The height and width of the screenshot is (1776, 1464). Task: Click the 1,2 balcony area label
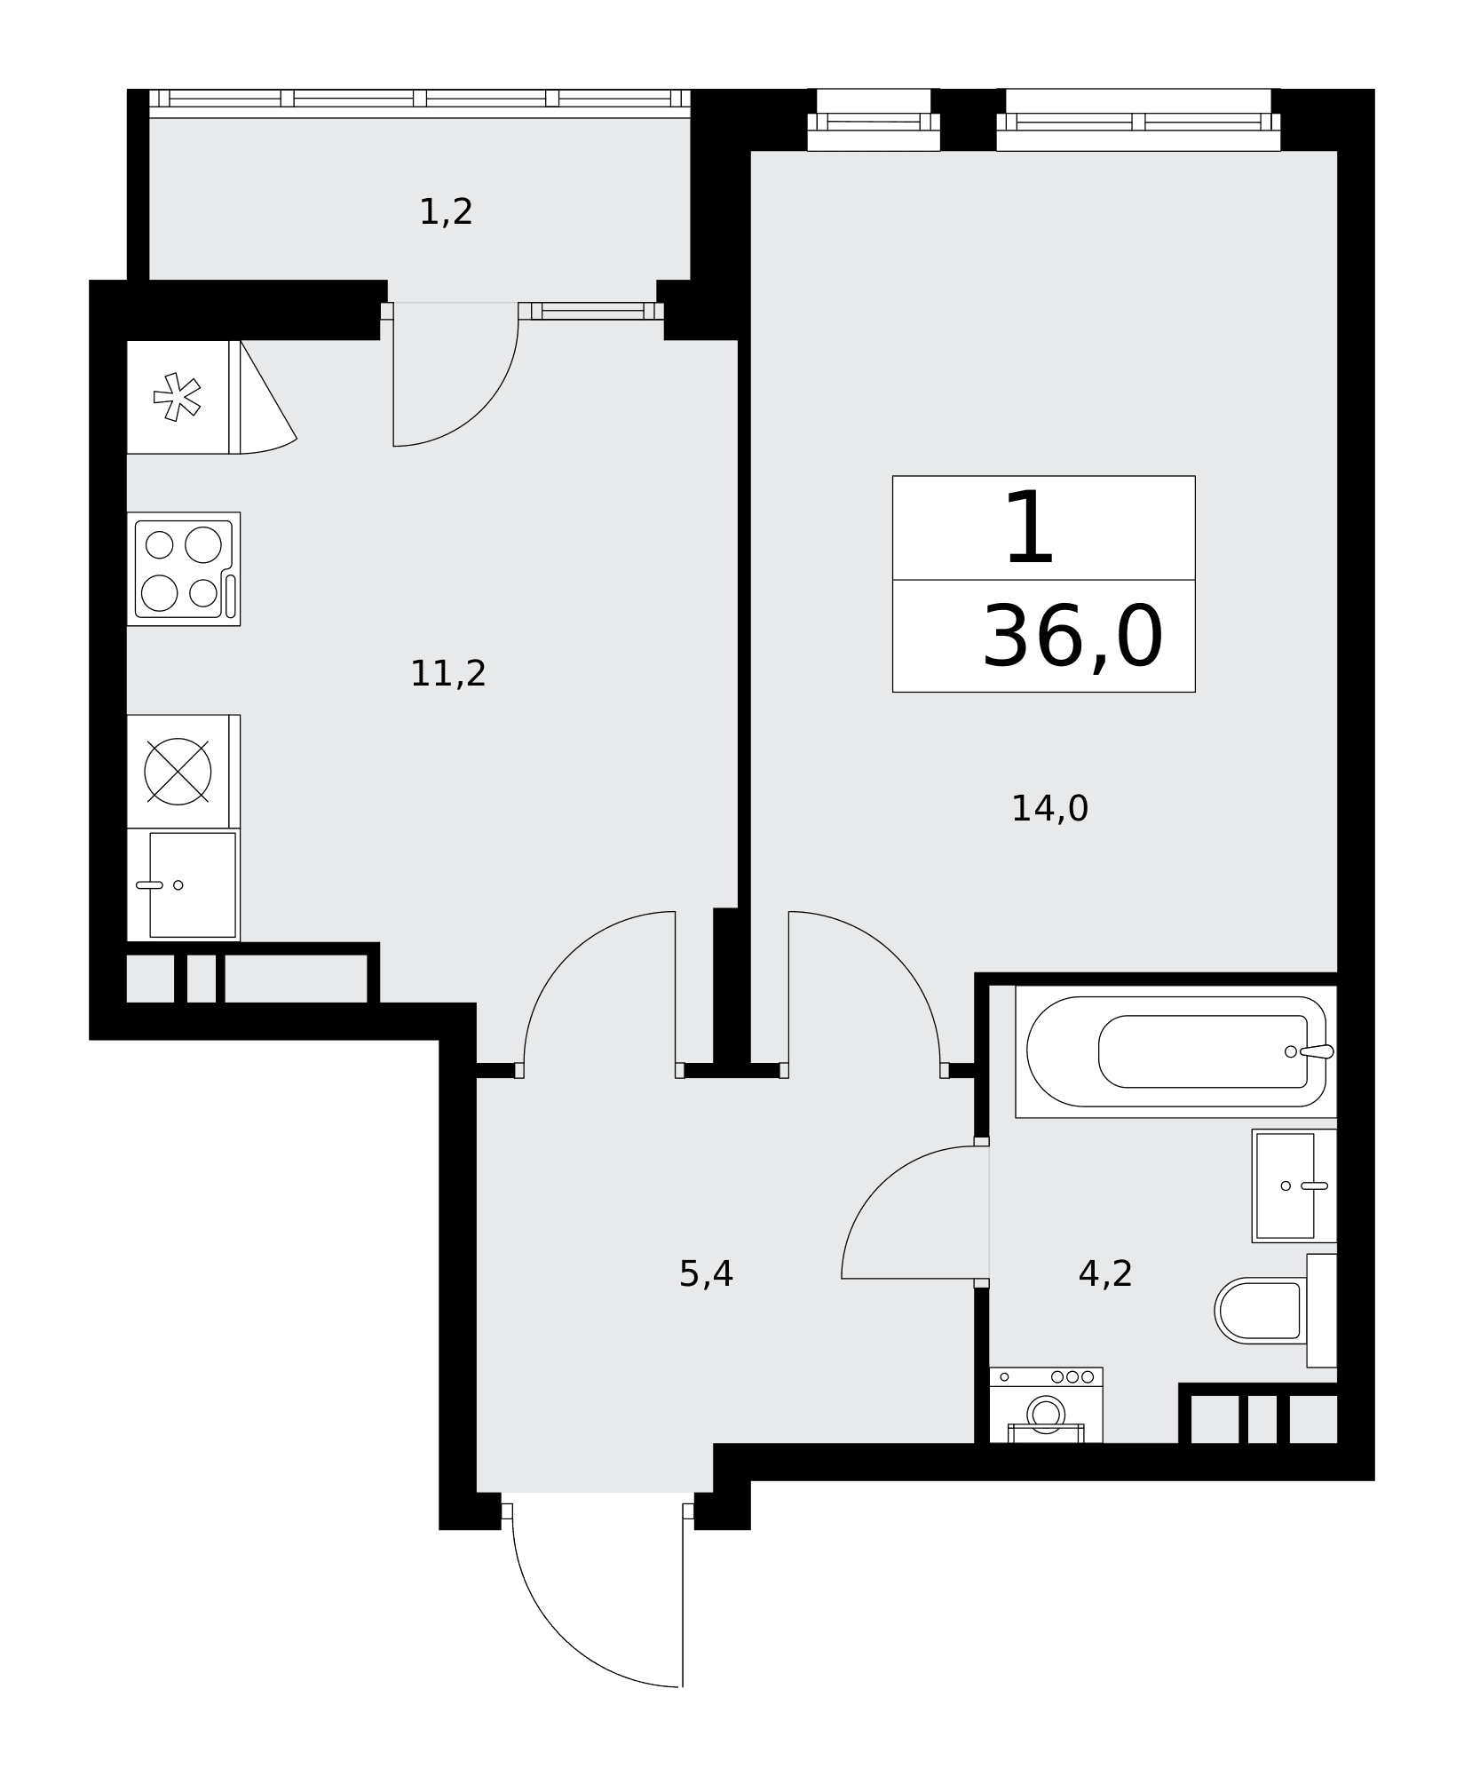click(x=446, y=212)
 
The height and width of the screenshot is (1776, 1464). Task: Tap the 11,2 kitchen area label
click(x=448, y=674)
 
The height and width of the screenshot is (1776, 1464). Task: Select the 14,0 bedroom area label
click(x=1049, y=809)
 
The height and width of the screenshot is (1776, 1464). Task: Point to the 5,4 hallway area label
click(x=706, y=1274)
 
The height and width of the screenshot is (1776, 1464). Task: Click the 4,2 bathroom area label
click(x=1105, y=1274)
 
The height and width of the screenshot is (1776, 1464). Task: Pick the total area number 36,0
click(x=1072, y=637)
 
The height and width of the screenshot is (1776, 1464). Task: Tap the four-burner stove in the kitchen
click(x=184, y=569)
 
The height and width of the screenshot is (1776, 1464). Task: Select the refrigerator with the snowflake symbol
click(x=183, y=397)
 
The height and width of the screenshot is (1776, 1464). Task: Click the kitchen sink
click(x=184, y=884)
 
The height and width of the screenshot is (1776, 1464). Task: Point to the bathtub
click(x=1176, y=1051)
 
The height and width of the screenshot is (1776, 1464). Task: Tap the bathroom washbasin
click(x=1294, y=1185)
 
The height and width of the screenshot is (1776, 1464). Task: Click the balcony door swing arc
click(x=480, y=408)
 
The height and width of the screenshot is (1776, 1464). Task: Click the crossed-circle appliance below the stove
click(x=178, y=771)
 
